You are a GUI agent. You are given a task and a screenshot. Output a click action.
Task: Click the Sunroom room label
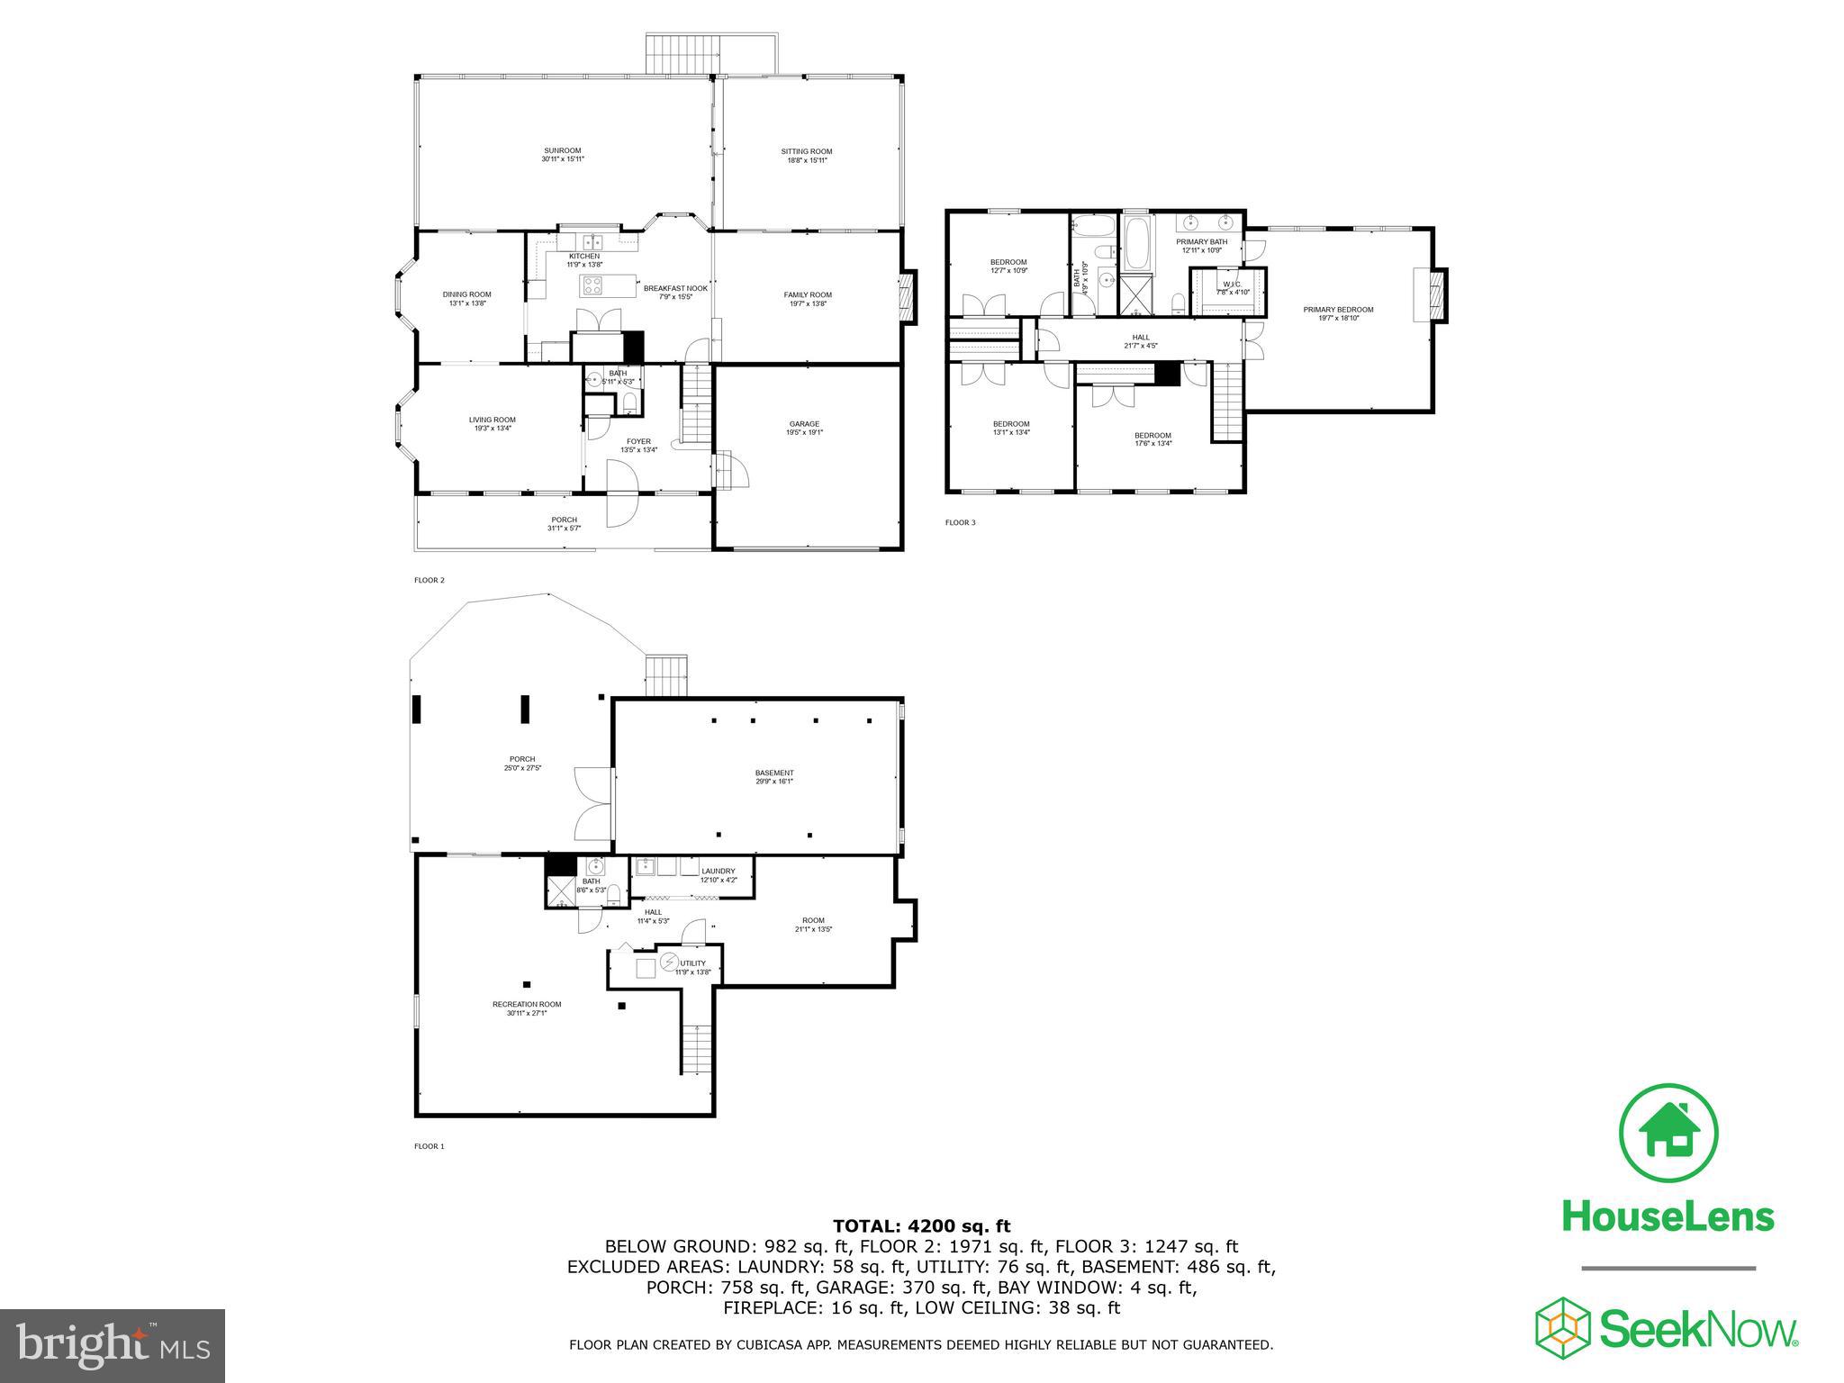click(x=562, y=155)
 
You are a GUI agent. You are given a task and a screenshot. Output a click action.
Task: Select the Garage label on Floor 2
click(x=804, y=428)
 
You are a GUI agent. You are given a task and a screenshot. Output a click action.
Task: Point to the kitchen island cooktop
click(x=594, y=286)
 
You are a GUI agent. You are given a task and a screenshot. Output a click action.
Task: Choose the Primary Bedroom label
click(x=1338, y=313)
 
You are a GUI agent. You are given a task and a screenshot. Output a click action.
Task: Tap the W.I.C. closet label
click(x=1232, y=288)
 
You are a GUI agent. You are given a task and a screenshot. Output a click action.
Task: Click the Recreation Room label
click(x=527, y=1008)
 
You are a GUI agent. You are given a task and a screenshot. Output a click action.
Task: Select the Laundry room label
click(x=719, y=874)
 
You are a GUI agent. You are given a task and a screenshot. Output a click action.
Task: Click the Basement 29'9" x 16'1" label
click(x=774, y=777)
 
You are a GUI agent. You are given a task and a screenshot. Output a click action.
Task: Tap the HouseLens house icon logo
click(x=1668, y=1133)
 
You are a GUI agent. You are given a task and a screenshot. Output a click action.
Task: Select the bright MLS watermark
click(x=112, y=1345)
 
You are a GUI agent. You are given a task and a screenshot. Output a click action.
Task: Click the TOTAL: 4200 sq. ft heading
click(x=921, y=1225)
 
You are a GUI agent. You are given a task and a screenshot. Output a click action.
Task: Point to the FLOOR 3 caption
click(x=960, y=522)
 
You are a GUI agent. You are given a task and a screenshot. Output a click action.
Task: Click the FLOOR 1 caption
click(x=429, y=1146)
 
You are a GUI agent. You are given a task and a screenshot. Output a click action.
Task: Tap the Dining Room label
click(x=467, y=298)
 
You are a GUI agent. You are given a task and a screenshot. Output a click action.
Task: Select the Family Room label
click(x=808, y=299)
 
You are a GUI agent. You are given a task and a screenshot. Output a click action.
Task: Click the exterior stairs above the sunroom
click(x=682, y=54)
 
